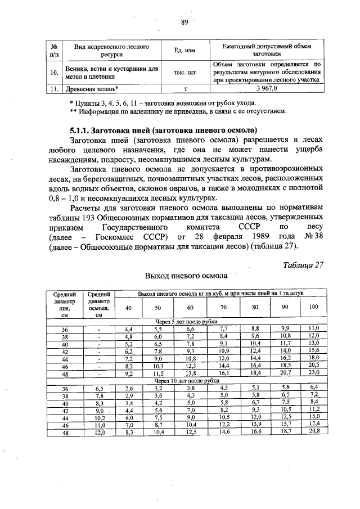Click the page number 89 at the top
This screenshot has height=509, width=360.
point(183,22)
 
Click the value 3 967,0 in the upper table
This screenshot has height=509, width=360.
point(267,88)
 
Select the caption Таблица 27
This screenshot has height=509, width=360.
point(303,264)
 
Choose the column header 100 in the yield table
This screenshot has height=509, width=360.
point(314,307)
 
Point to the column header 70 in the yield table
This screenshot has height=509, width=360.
point(223,307)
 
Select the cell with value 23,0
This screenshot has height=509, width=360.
point(314,373)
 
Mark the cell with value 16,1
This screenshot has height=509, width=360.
point(223,373)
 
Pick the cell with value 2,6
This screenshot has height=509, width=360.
point(129,388)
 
